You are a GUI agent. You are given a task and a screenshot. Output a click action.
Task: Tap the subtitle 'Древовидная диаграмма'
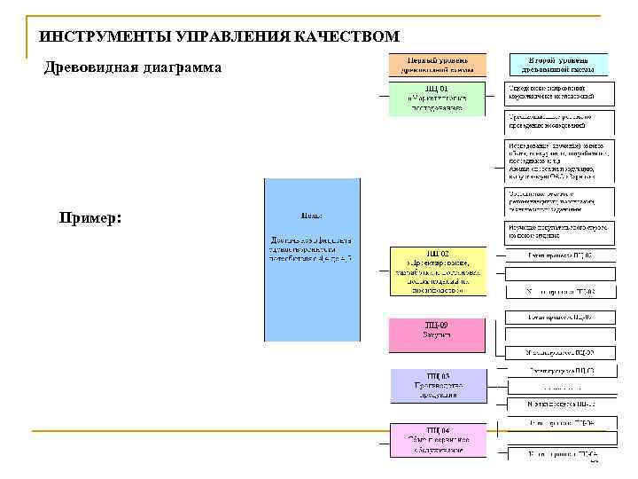(133, 68)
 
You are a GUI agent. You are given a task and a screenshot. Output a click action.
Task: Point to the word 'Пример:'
(90, 218)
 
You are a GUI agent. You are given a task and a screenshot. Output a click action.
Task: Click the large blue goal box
(313, 260)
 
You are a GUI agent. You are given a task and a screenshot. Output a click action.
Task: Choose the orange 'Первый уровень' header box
(437, 63)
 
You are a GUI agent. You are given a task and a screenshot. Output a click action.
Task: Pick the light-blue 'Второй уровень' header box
(558, 63)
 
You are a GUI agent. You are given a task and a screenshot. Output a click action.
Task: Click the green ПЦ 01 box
(437, 99)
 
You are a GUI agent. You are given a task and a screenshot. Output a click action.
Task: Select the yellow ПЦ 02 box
(437, 271)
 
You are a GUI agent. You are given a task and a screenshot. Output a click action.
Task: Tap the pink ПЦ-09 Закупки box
(437, 335)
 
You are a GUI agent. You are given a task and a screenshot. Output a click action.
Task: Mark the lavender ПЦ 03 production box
(439, 386)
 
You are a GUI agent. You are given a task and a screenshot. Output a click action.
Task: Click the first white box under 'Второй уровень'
(558, 92)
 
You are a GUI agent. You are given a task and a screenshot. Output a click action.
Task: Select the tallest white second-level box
(558, 160)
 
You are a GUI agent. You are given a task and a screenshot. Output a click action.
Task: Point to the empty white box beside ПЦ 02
(558, 273)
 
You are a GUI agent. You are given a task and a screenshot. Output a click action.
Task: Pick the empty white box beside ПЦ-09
(558, 335)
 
